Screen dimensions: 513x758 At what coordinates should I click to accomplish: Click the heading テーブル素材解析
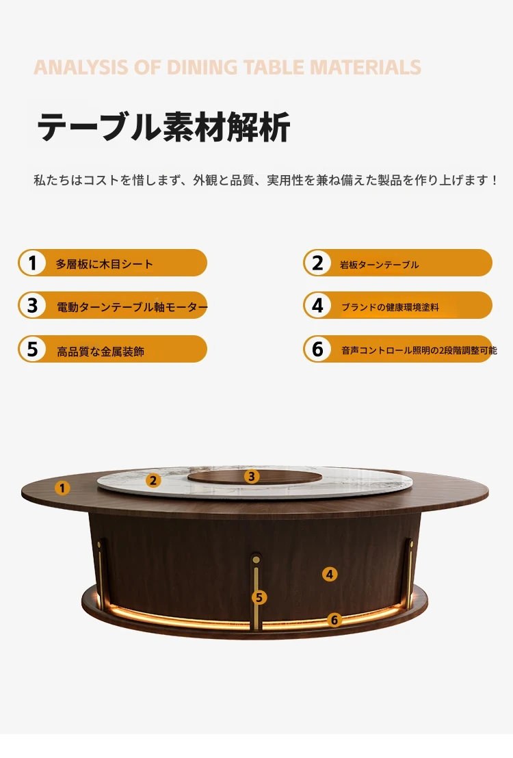click(163, 127)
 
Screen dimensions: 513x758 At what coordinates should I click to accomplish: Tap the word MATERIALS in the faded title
click(365, 67)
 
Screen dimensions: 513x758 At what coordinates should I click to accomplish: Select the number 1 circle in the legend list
click(32, 263)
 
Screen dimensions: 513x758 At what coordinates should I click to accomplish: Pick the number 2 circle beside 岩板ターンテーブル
click(317, 263)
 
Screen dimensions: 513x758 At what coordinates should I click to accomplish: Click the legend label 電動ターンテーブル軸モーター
click(132, 306)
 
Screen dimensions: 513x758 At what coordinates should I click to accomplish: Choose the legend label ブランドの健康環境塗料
click(390, 307)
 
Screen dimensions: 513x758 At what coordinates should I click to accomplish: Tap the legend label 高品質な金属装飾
click(101, 352)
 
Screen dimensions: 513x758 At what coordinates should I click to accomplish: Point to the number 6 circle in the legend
click(317, 348)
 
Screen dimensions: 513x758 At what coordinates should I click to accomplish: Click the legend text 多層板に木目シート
click(105, 264)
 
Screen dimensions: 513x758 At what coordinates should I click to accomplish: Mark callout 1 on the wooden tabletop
click(62, 488)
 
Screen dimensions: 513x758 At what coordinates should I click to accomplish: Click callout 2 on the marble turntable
click(153, 480)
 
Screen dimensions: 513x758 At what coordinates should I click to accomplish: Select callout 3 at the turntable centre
click(252, 477)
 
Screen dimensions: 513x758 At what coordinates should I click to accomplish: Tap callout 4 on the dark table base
click(330, 574)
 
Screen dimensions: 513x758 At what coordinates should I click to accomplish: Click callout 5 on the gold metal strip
click(259, 597)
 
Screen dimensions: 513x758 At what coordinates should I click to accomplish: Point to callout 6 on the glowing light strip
click(334, 620)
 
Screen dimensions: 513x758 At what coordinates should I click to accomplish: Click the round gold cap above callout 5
click(256, 560)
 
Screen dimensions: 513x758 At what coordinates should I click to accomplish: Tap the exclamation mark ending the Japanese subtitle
click(494, 181)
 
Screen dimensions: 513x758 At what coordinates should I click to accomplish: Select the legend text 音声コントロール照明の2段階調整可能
click(419, 350)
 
